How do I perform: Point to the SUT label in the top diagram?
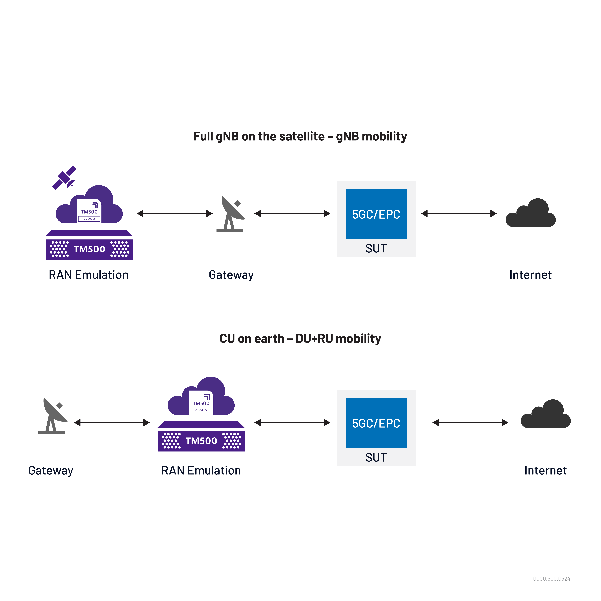pos(376,248)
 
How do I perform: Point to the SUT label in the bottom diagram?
pos(376,457)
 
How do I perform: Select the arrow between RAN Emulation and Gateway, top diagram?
pos(175,213)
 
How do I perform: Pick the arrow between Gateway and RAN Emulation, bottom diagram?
pos(112,422)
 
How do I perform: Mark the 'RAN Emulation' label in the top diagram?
pos(89,275)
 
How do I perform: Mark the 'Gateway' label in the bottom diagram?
pos(51,470)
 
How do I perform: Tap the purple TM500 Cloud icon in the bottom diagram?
pos(201,398)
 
